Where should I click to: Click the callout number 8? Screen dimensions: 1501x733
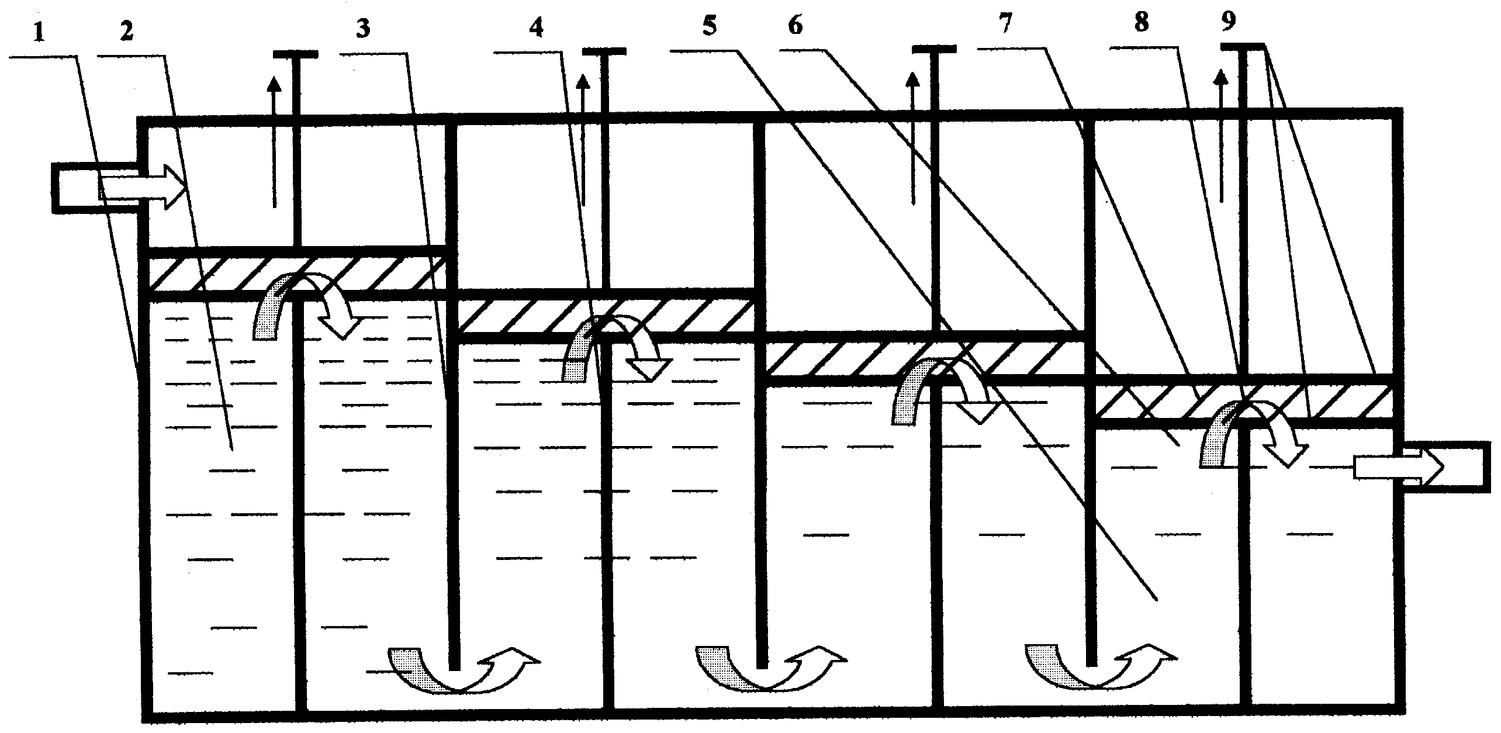point(1140,23)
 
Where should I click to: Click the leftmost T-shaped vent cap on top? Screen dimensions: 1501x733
point(296,54)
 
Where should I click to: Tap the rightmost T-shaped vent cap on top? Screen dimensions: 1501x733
point(1243,46)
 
